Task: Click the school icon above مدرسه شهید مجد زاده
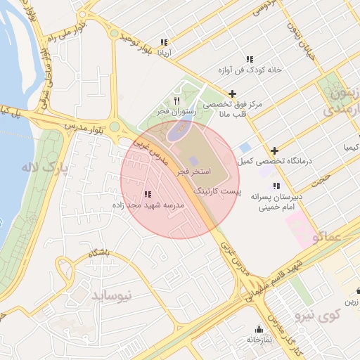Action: click(x=147, y=194)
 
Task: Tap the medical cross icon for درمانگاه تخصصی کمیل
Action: click(x=274, y=150)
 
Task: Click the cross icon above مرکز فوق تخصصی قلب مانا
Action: click(x=232, y=94)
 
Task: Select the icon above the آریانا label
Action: click(x=164, y=42)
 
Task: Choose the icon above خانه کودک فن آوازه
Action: click(x=249, y=59)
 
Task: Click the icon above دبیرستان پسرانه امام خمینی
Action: click(x=276, y=186)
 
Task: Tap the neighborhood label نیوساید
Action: click(x=111, y=295)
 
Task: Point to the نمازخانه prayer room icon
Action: click(x=259, y=329)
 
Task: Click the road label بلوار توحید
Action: click(x=134, y=42)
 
